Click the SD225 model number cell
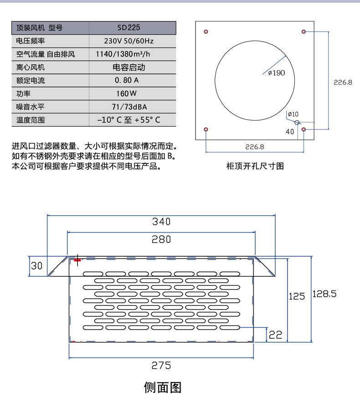(x=129, y=27)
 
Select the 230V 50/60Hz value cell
(x=129, y=41)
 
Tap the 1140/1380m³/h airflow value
(x=123, y=54)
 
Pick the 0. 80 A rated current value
(x=127, y=80)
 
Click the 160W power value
(x=126, y=93)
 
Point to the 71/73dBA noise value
(x=129, y=107)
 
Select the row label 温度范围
(x=31, y=120)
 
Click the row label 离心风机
(x=31, y=67)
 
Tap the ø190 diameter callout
(x=276, y=73)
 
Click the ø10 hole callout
(x=293, y=114)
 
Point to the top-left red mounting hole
(x=206, y=32)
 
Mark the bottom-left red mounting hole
(x=206, y=129)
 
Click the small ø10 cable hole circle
(x=297, y=122)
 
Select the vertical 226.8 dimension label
(x=343, y=82)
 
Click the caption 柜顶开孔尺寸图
(x=255, y=166)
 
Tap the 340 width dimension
(x=161, y=222)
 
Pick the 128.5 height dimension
(x=324, y=294)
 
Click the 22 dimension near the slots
(x=275, y=335)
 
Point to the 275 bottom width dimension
(x=161, y=366)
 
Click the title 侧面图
(x=163, y=387)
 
